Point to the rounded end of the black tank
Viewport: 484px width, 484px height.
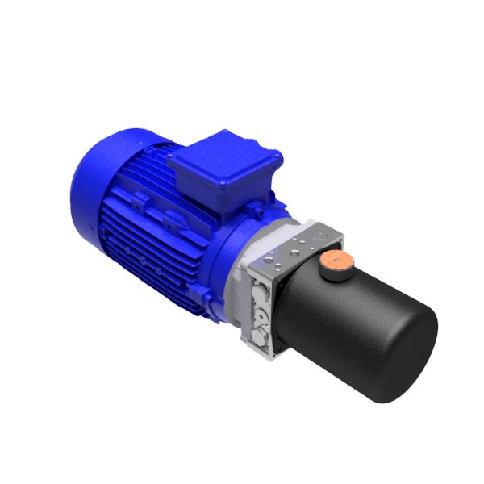[408, 355]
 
